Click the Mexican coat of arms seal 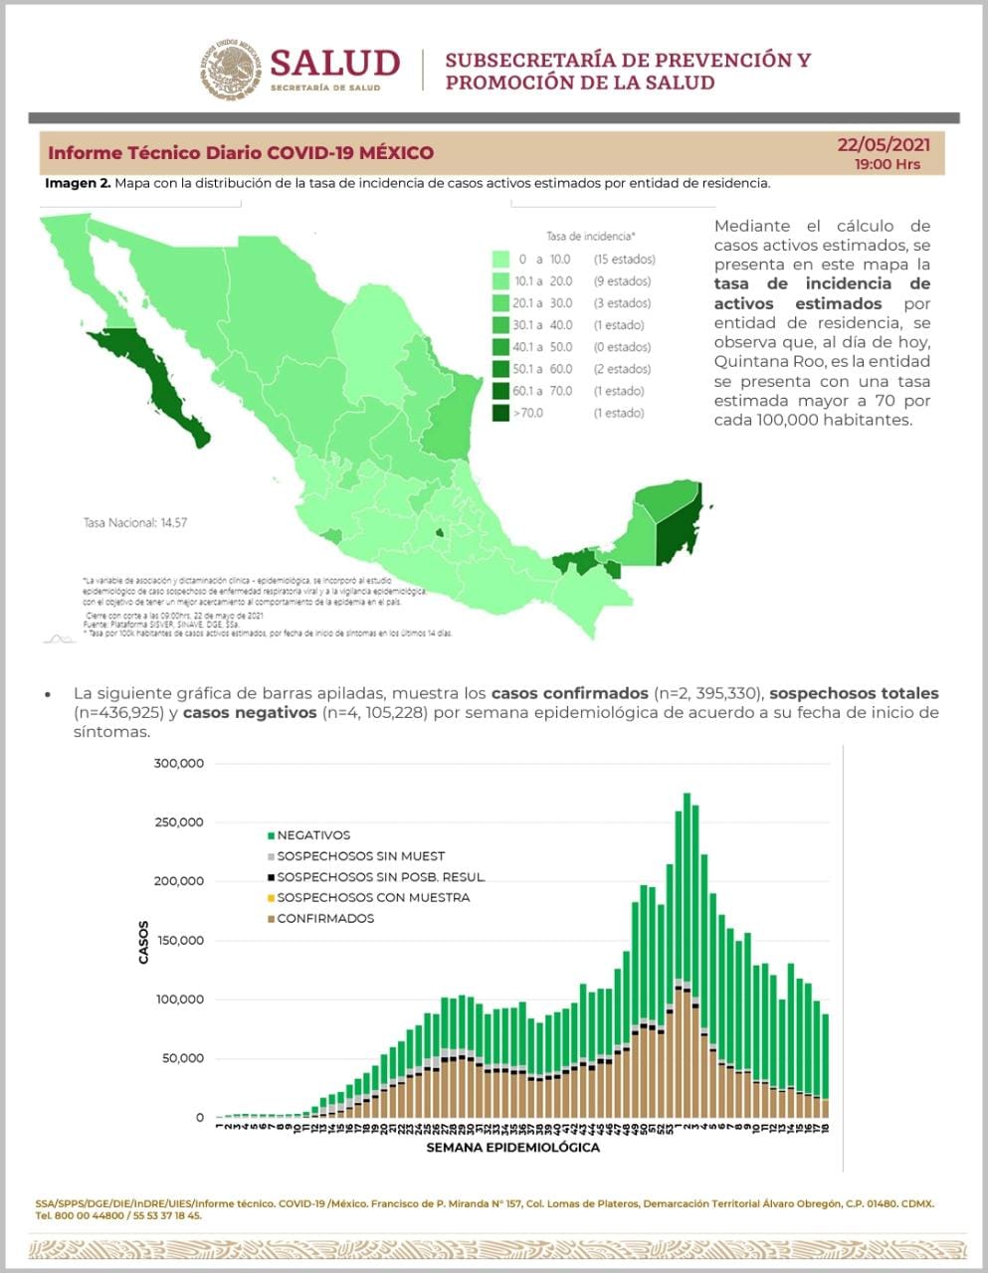pyautogui.click(x=231, y=70)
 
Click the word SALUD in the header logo pyautogui.click(x=334, y=63)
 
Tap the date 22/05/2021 pyautogui.click(x=884, y=145)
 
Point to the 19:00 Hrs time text pyautogui.click(x=888, y=164)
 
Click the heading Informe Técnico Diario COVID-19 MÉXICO pyautogui.click(x=241, y=153)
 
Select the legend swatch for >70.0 pyautogui.click(x=500, y=413)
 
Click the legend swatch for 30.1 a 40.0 pyautogui.click(x=500, y=325)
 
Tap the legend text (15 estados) pyautogui.click(x=624, y=260)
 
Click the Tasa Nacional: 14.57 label pyautogui.click(x=134, y=522)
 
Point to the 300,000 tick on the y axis pyautogui.click(x=179, y=764)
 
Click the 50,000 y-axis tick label pyautogui.click(x=183, y=1058)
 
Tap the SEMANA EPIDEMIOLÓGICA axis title pyautogui.click(x=512, y=1147)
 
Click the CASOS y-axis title pyautogui.click(x=143, y=942)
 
